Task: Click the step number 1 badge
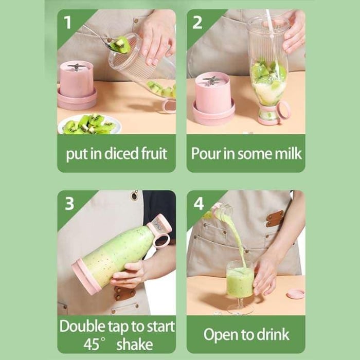point(67,22)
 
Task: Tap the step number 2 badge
point(198,22)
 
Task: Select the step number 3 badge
point(69,204)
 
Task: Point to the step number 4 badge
point(199,204)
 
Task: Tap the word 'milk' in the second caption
point(286,154)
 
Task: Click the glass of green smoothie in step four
point(240,280)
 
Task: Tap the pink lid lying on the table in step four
point(295,294)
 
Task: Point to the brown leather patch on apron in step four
point(275,218)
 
